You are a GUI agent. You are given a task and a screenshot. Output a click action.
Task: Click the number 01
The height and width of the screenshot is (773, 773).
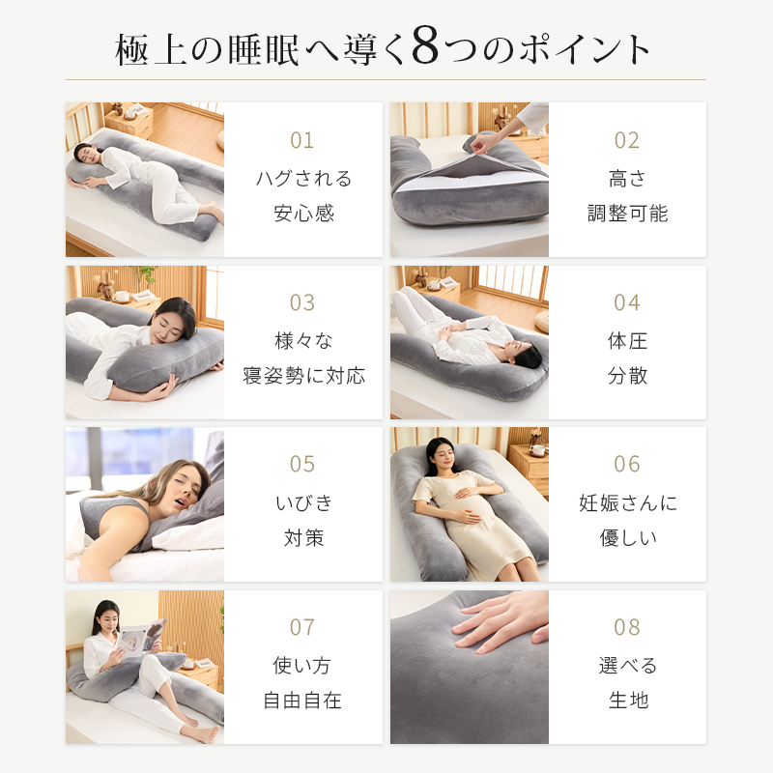301,140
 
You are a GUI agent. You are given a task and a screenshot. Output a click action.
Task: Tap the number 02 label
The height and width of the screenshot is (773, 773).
626,140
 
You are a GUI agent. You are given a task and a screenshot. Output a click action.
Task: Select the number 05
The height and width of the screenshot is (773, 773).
301,465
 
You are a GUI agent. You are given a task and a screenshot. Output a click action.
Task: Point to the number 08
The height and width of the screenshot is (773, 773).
626,627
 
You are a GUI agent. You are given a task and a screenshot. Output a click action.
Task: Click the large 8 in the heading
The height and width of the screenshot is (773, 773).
425,45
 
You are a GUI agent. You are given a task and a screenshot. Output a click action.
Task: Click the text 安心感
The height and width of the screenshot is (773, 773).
303,214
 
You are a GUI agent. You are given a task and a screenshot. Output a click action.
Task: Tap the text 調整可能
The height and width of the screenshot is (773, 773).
627,214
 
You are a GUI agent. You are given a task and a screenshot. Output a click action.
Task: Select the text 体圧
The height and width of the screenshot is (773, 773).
627,341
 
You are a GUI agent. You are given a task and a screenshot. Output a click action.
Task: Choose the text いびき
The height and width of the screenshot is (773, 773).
303,502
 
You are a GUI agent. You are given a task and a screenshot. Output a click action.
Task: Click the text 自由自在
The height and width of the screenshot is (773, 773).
302,700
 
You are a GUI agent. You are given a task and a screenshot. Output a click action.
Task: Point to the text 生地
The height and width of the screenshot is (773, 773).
628,700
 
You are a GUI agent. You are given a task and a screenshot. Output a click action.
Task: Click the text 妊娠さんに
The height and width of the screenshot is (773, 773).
628,502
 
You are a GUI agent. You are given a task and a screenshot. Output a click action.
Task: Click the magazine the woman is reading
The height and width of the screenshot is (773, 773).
139,638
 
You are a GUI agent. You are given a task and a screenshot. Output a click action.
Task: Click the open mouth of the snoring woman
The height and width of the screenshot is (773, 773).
181,502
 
